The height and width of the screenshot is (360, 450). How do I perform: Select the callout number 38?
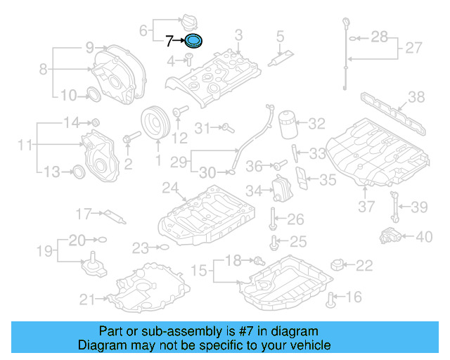417,97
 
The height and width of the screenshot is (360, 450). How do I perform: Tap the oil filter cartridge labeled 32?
287,125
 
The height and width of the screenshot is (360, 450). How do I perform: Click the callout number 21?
86,300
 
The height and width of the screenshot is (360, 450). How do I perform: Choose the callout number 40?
423,237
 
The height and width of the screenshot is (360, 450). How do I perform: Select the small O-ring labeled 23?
162,247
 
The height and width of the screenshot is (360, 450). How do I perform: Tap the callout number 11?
25,145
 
